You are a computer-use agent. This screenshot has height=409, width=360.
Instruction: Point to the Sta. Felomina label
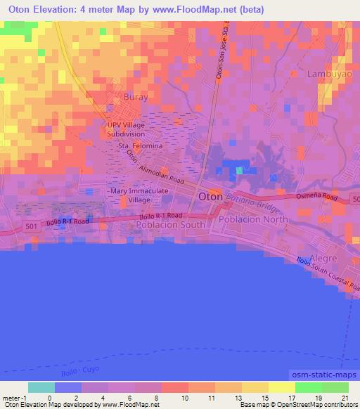click(141, 145)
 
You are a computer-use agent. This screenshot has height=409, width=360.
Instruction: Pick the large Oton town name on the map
click(211, 197)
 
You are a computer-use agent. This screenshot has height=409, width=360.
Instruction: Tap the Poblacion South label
click(171, 225)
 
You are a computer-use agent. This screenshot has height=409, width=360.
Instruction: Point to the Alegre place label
click(323, 258)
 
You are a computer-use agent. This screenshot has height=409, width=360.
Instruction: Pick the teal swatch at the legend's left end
click(41, 387)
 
